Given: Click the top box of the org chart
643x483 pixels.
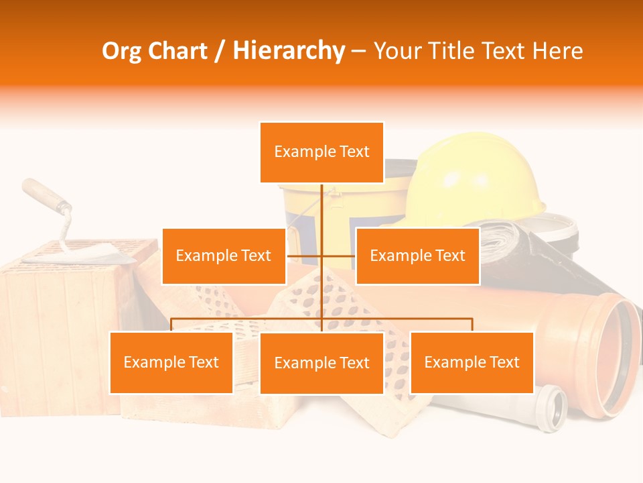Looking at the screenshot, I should point(321,152).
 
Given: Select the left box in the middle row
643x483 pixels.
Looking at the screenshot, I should point(224,256).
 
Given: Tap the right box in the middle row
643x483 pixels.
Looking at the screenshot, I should point(417,256).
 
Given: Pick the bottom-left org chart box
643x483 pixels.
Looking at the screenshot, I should point(171,362).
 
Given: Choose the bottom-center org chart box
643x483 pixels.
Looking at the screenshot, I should point(321,363).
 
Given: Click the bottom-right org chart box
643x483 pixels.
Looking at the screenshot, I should point(472,362).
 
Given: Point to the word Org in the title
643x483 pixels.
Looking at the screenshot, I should point(122,51).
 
